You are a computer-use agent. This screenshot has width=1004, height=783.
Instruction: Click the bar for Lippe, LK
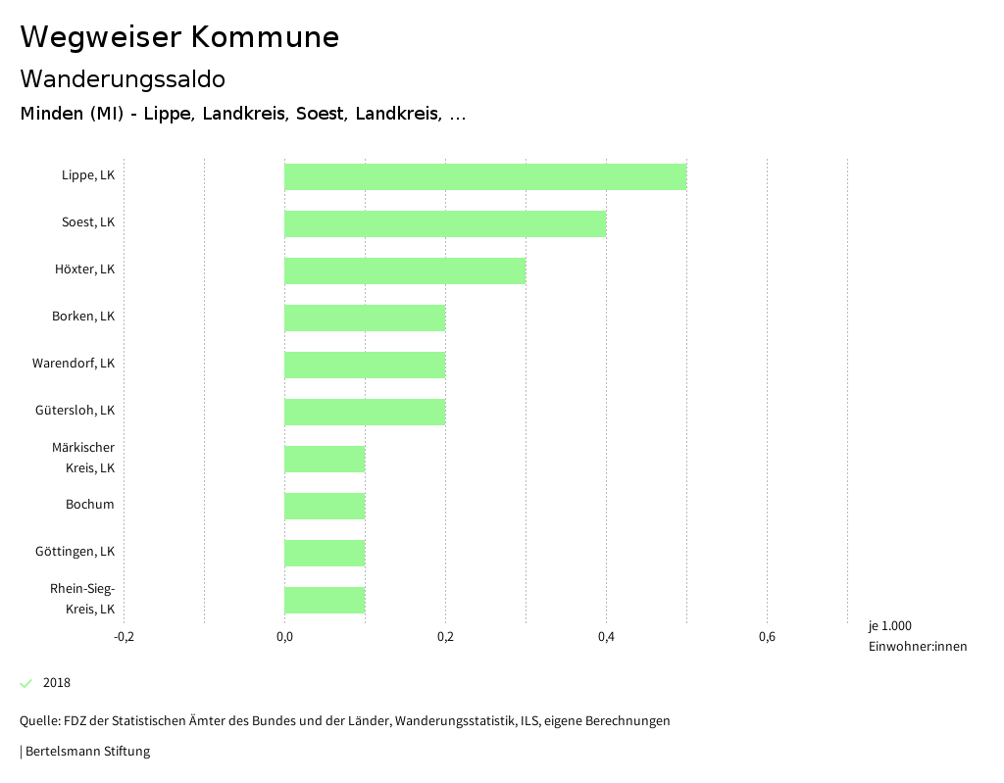[x=485, y=176]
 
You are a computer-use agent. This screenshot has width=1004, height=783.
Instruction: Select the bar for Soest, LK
[x=445, y=223]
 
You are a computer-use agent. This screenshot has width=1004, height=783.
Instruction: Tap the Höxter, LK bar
[x=405, y=270]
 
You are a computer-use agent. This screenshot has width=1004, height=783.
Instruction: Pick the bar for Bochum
[x=325, y=506]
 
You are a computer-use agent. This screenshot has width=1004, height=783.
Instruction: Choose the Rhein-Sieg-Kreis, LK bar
[x=325, y=600]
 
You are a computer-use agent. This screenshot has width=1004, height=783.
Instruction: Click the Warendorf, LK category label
[x=74, y=364]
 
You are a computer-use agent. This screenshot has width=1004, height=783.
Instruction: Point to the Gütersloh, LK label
[x=75, y=411]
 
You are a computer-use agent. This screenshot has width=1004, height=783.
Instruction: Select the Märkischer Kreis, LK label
[x=83, y=458]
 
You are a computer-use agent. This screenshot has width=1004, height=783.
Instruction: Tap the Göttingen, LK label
[x=75, y=552]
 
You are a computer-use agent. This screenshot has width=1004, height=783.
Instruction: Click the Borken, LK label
[x=83, y=317]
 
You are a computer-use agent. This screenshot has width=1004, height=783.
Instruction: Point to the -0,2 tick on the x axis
[x=124, y=638]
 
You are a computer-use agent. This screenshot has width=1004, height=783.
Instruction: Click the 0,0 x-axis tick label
[x=284, y=638]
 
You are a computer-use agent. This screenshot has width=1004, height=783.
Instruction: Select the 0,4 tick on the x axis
[x=606, y=638]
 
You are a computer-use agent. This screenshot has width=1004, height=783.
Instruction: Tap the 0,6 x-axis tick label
[x=767, y=638]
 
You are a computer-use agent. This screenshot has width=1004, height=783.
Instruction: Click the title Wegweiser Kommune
[x=179, y=37]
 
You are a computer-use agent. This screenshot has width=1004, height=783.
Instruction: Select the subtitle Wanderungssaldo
[x=123, y=78]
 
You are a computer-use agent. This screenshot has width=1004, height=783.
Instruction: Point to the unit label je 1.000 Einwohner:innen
[x=917, y=636]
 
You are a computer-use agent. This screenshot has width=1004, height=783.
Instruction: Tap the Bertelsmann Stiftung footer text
[x=87, y=752]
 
